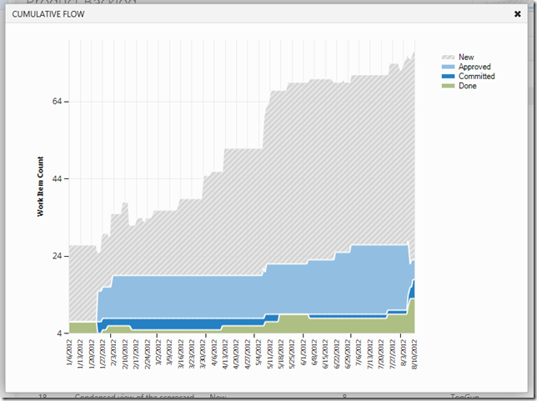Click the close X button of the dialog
pos(517,14)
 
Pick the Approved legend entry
pos(474,67)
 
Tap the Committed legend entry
pos(476,77)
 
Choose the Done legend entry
pos(467,86)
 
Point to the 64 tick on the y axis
pos(57,102)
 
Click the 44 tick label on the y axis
pos(57,179)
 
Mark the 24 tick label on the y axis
pos(57,256)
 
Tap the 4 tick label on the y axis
pos(59,333)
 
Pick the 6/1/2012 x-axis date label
pos(304,354)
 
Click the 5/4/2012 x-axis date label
pos(259,354)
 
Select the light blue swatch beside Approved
pos(448,67)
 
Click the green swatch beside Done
pos(448,86)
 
